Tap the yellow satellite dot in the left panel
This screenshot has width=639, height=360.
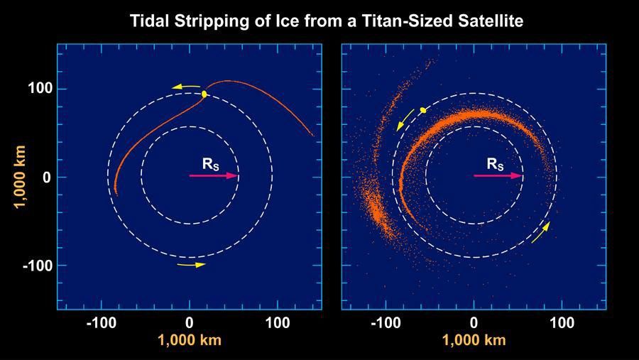pyautogui.click(x=204, y=94)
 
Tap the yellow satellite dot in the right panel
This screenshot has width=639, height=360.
pyautogui.click(x=423, y=110)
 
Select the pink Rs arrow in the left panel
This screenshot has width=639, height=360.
pyautogui.click(x=213, y=175)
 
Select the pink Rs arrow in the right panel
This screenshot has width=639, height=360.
pyautogui.click(x=498, y=176)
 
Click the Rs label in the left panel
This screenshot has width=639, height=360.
pyautogui.click(x=211, y=163)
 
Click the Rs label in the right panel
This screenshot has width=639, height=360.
pyautogui.click(x=495, y=164)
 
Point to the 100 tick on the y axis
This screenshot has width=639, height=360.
pyautogui.click(x=38, y=89)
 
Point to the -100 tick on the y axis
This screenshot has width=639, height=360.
pyautogui.click(x=35, y=265)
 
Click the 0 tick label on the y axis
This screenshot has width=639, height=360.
pyautogui.click(x=45, y=177)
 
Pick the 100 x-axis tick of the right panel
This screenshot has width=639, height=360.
pyautogui.click(x=562, y=323)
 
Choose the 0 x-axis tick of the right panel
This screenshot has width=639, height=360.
pyautogui.click(x=474, y=323)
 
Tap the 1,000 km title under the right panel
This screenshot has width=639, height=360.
pyautogui.click(x=474, y=341)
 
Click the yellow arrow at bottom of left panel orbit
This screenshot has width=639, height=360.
pyautogui.click(x=191, y=265)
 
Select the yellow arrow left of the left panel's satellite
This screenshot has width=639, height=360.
pyautogui.click(x=186, y=87)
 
